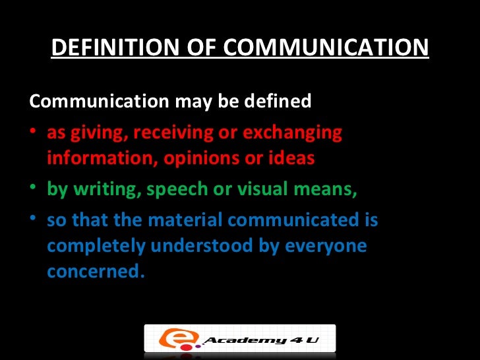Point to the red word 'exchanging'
click(x=293, y=133)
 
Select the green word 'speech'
click(x=175, y=190)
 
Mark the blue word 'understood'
click(x=202, y=246)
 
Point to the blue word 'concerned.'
click(x=95, y=272)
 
